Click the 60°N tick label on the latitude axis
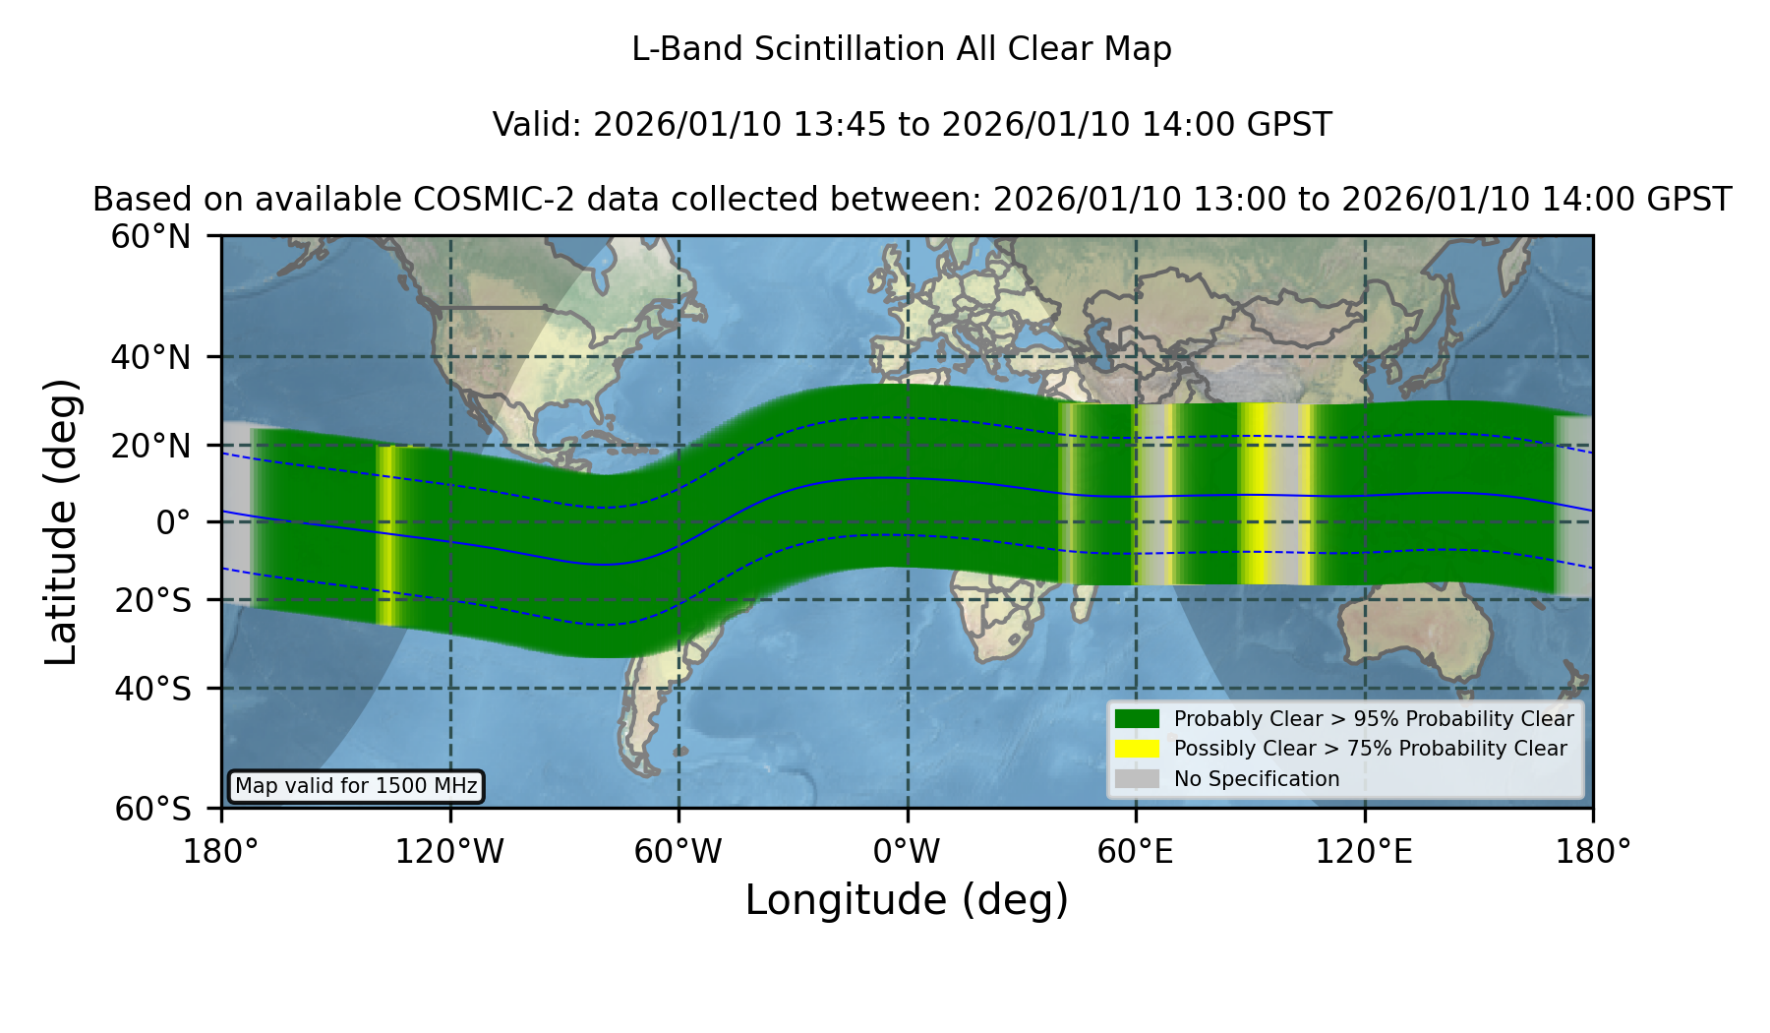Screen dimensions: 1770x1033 click(x=150, y=236)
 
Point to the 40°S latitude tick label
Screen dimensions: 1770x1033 click(x=152, y=689)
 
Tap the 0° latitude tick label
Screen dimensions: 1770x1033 click(x=173, y=522)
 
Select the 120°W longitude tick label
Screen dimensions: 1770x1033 click(x=449, y=851)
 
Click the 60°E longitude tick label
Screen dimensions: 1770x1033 click(x=1136, y=851)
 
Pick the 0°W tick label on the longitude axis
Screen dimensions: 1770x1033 click(x=907, y=851)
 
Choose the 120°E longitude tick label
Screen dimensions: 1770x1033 click(x=1364, y=851)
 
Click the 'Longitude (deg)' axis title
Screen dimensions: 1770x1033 click(x=907, y=900)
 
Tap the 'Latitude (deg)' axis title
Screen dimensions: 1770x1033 click(x=61, y=521)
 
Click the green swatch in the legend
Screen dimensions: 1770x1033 click(x=1137, y=718)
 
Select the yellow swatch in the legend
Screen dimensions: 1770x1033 click(x=1137, y=749)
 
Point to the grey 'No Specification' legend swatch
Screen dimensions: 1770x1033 click(x=1137, y=779)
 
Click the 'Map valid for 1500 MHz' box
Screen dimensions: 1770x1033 click(x=356, y=786)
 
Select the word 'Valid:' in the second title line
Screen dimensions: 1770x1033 click(x=539, y=125)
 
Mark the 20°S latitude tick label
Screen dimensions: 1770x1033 click(x=152, y=599)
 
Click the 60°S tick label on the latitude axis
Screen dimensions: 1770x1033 click(x=152, y=809)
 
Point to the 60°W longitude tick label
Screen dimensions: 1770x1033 click(x=678, y=851)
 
